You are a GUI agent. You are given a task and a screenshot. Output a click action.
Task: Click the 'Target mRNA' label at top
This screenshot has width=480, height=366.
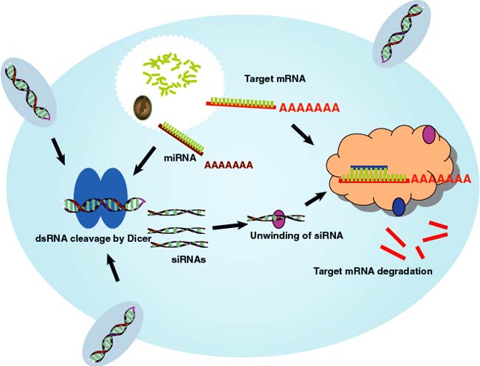pyautogui.click(x=275, y=77)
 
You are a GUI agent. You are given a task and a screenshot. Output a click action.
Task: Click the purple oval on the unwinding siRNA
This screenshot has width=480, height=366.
pyautogui.click(x=279, y=218)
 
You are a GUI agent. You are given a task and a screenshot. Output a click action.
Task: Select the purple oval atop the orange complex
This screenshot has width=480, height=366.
pyautogui.click(x=428, y=135)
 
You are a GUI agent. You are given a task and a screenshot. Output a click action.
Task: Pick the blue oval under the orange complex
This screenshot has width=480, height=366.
pyautogui.click(x=398, y=207)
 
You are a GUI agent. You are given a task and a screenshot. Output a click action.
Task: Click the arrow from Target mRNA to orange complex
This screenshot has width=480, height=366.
pyautogui.click(x=307, y=134)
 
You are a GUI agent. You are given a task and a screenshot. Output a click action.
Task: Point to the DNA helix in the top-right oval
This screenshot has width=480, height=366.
pyautogui.click(x=400, y=32)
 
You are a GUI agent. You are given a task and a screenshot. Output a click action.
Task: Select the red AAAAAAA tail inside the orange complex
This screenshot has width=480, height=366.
pyautogui.click(x=440, y=178)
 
